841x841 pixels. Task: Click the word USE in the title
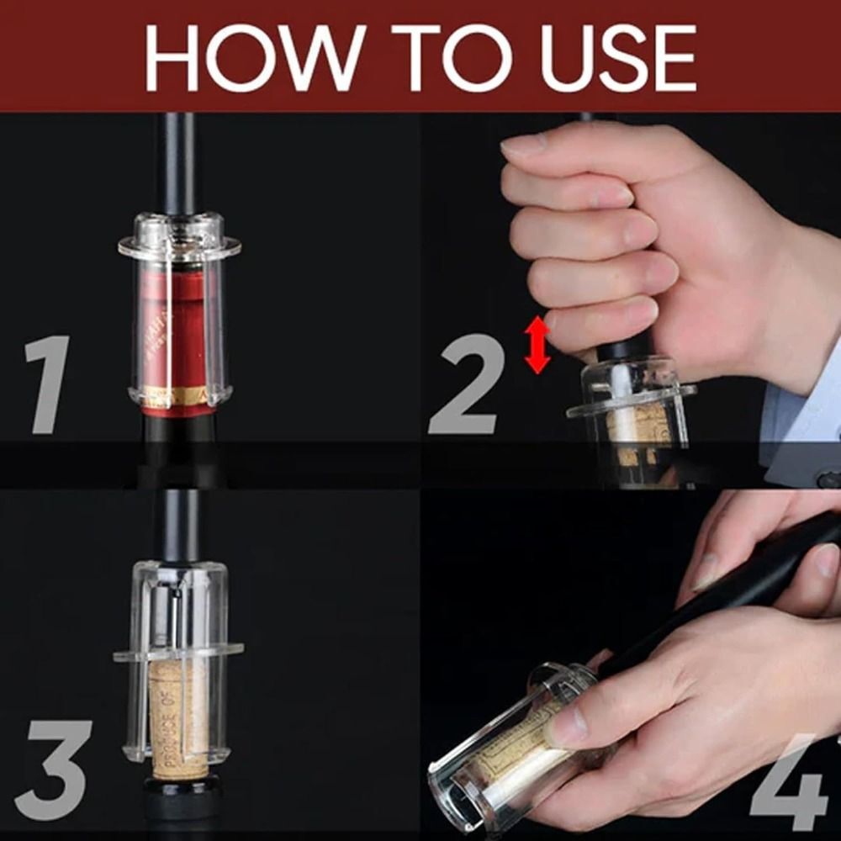point(618,57)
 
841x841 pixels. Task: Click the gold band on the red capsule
point(177,395)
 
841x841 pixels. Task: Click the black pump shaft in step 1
point(179,164)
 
